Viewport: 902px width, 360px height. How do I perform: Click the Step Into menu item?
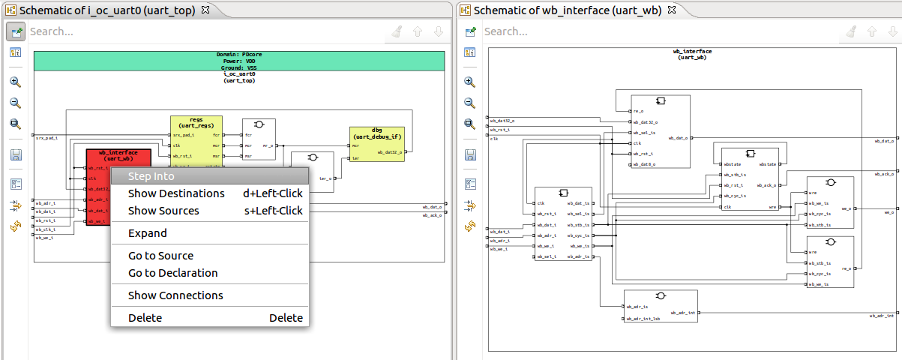pos(151,176)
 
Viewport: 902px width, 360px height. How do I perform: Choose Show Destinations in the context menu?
pos(176,193)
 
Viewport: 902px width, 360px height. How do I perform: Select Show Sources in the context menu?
pos(163,211)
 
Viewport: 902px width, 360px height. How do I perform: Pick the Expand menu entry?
pos(147,233)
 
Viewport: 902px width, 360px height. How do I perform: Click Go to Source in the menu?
pos(160,256)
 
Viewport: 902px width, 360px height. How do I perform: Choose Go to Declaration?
pos(172,273)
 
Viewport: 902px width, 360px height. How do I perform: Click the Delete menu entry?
pos(145,318)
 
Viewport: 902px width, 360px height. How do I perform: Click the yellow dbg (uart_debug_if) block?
pos(377,134)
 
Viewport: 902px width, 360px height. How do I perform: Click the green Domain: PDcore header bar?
pos(240,61)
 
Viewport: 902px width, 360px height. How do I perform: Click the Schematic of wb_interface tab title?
pos(567,10)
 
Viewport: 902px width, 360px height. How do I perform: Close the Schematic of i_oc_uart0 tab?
pos(205,10)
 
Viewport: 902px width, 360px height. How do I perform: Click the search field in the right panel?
pos(660,31)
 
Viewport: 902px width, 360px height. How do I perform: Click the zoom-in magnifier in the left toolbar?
pos(15,82)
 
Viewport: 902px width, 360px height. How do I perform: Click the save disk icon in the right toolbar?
pos(470,154)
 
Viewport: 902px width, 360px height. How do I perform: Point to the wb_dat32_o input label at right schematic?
pos(502,120)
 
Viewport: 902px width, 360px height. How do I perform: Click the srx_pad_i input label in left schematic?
pos(46,138)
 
